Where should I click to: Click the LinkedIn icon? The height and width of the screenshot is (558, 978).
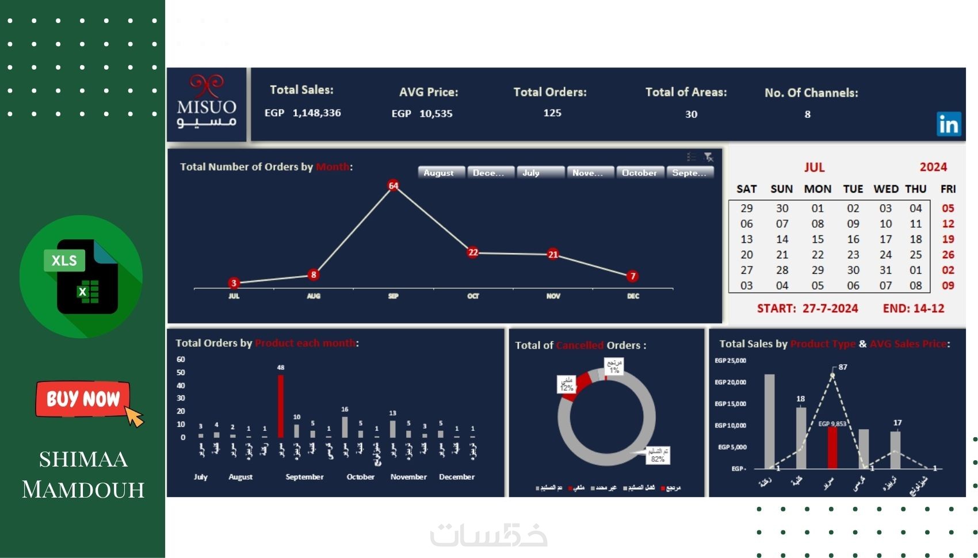pyautogui.click(x=949, y=124)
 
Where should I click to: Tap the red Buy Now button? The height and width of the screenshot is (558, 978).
pyautogui.click(x=83, y=399)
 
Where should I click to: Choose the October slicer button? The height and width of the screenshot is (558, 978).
pyautogui.click(x=639, y=173)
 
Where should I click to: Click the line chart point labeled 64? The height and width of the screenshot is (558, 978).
pyautogui.click(x=394, y=185)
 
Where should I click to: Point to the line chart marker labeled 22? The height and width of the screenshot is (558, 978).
pyautogui.click(x=473, y=252)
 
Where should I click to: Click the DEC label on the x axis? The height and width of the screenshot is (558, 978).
pyautogui.click(x=633, y=296)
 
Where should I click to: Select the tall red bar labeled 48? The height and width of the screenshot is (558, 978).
pyautogui.click(x=281, y=406)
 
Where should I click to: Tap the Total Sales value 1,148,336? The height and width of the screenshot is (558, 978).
pyautogui.click(x=316, y=113)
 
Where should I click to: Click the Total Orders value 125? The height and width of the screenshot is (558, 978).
pyautogui.click(x=552, y=113)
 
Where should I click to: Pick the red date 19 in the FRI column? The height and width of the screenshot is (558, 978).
pyautogui.click(x=948, y=239)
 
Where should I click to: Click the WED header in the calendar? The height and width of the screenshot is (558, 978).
pyautogui.click(x=885, y=189)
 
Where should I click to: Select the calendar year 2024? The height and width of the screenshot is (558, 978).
pyautogui.click(x=933, y=167)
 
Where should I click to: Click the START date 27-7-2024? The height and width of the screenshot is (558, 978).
pyautogui.click(x=830, y=308)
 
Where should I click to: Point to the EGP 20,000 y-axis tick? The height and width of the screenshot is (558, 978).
pyautogui.click(x=731, y=382)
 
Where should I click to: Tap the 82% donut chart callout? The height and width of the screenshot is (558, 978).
pyautogui.click(x=658, y=455)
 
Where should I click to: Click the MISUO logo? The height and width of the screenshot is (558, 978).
pyautogui.click(x=207, y=104)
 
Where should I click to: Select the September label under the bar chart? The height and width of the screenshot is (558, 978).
pyautogui.click(x=304, y=477)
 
